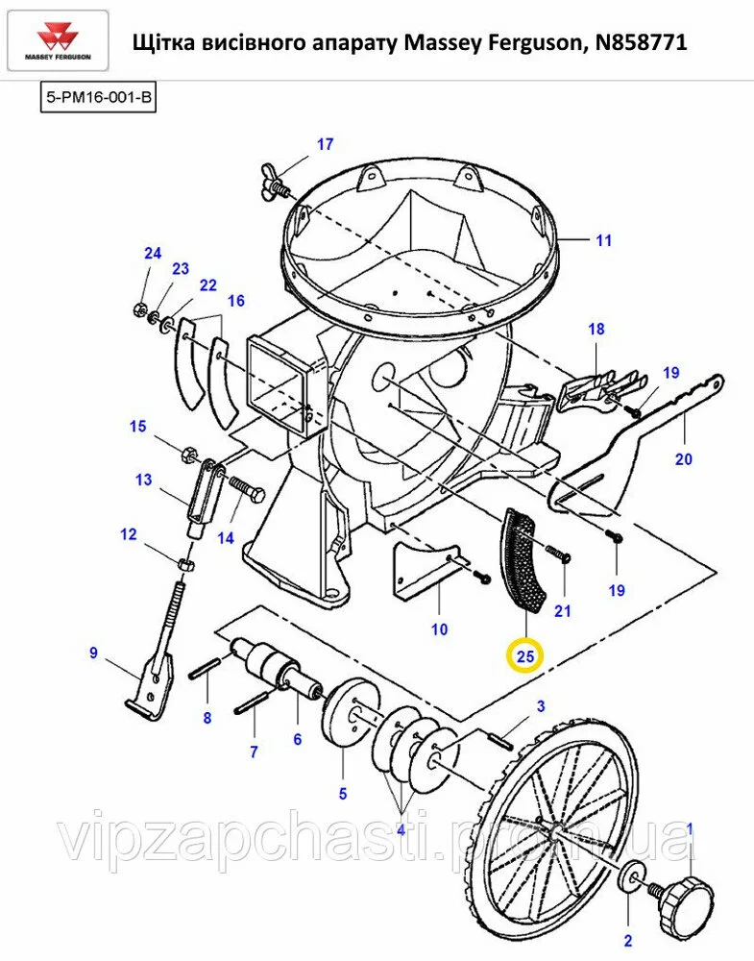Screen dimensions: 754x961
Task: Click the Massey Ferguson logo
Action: point(59,41)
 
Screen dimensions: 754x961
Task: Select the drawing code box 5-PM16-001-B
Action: point(98,98)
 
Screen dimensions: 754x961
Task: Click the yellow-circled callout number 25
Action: point(525,656)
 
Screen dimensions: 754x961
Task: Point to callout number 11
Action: point(604,240)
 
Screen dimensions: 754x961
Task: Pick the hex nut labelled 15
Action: point(188,455)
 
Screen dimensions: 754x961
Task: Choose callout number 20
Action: point(684,458)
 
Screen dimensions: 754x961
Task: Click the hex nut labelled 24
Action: point(139,308)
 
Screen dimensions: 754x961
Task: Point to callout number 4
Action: point(401,830)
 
